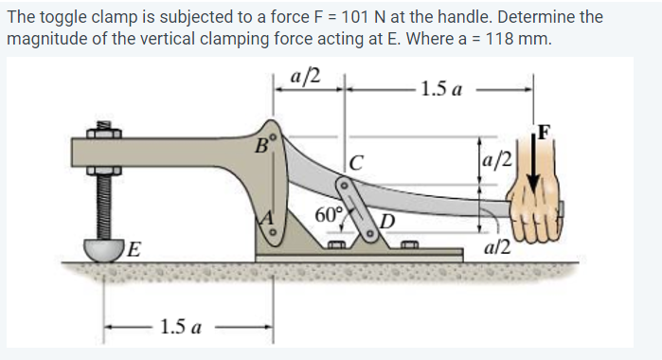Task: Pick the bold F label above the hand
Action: click(543, 132)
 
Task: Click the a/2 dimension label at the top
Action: click(310, 77)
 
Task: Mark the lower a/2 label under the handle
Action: click(497, 246)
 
